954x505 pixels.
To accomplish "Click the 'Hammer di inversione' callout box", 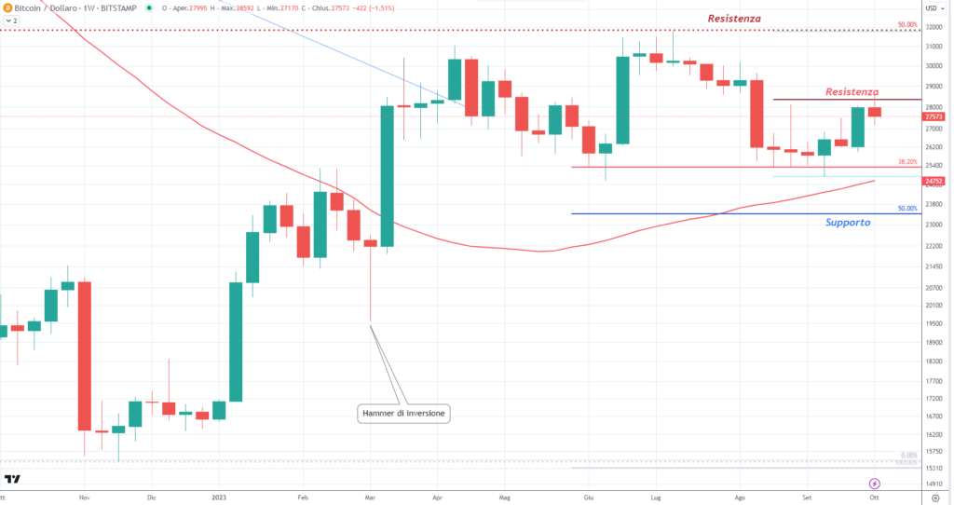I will (403, 413).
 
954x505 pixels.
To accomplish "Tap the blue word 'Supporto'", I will (848, 223).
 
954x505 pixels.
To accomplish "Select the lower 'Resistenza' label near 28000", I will (852, 92).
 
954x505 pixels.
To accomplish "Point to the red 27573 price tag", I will (934, 116).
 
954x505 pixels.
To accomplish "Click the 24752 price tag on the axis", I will (934, 181).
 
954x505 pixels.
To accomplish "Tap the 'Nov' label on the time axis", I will (83, 498).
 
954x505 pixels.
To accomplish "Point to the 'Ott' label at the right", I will (874, 498).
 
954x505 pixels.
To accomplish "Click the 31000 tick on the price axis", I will (934, 47).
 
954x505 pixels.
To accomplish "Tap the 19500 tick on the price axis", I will (934, 324).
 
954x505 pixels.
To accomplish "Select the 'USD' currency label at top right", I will (931, 8).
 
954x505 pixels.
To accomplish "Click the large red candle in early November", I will (84, 355).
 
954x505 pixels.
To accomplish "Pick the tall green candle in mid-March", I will (387, 176).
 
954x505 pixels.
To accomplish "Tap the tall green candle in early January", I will (237, 341).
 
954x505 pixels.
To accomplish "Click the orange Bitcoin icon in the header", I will (7, 7).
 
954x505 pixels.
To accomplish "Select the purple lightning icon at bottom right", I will (874, 484).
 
